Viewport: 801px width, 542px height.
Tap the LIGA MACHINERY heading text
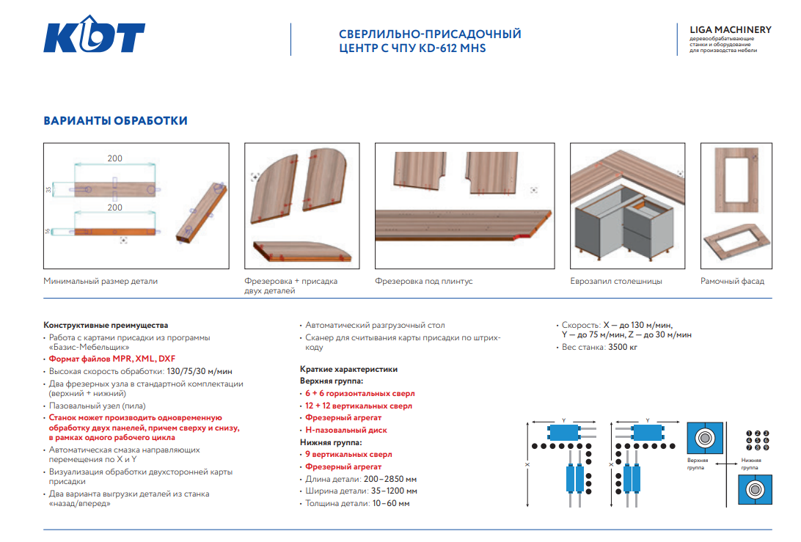[x=730, y=30]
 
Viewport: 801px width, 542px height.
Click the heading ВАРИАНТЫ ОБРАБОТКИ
[x=115, y=121]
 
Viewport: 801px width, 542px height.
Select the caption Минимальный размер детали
[x=100, y=281]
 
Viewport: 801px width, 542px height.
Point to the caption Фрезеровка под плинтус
[x=423, y=281]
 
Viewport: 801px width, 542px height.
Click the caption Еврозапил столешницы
[x=616, y=281]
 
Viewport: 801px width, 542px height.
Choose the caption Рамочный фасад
[x=732, y=281]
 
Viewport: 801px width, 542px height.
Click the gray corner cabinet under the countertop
[x=623, y=227]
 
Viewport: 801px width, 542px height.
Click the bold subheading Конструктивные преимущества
[x=106, y=325]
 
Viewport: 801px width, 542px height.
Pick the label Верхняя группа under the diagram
[x=697, y=464]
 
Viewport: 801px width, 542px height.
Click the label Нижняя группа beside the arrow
[x=750, y=464]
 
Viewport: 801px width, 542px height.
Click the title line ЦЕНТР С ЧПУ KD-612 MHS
[x=412, y=48]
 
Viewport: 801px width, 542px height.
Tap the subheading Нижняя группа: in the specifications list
[x=331, y=442]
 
